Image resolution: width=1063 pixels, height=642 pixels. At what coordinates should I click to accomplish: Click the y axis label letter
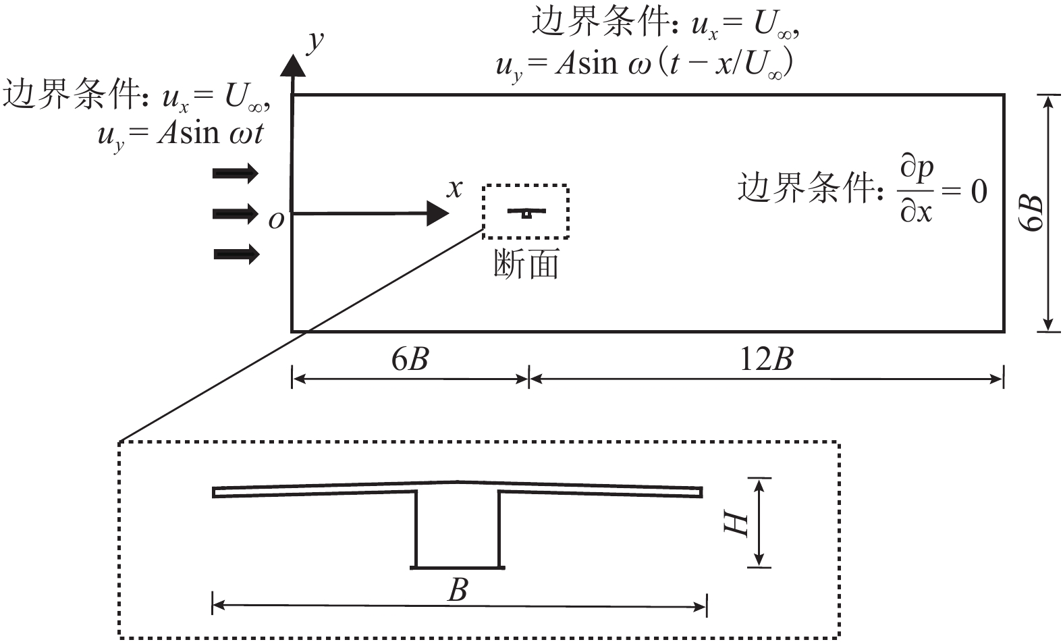315,42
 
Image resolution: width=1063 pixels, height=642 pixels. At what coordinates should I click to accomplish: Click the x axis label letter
456,188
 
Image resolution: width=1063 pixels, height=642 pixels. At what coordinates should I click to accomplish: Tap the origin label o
275,219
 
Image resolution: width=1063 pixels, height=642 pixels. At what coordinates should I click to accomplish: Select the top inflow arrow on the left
236,173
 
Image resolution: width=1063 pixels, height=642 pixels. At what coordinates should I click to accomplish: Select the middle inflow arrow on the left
236,214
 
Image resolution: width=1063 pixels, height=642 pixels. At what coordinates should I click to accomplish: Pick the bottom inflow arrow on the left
236,255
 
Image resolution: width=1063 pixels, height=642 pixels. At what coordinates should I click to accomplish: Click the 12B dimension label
766,359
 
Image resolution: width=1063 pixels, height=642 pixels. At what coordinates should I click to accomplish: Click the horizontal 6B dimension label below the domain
410,359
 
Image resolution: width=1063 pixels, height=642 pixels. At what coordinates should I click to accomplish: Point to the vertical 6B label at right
1032,213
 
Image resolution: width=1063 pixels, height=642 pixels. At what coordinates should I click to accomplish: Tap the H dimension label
736,523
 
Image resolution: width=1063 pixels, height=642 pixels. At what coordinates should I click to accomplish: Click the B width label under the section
458,590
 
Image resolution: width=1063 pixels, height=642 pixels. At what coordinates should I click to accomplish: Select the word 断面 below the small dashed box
526,264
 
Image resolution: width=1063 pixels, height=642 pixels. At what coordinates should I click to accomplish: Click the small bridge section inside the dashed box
526,213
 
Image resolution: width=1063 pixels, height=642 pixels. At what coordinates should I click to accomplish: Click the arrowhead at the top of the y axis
292,65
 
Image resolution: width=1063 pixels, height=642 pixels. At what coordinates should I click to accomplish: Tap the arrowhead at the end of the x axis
439,214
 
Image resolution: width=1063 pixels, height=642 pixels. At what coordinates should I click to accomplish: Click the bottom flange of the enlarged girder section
458,567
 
